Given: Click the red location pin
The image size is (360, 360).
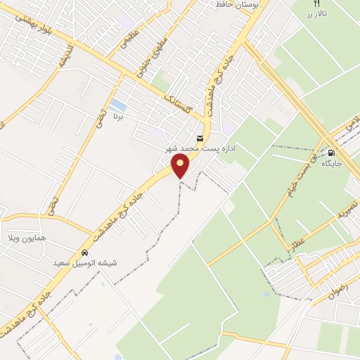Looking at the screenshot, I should point(181,166).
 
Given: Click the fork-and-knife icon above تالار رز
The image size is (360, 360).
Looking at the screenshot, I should point(317,4).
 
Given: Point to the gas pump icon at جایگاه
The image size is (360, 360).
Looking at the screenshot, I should point(330,152).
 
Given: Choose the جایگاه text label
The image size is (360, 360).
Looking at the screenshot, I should point(331,163).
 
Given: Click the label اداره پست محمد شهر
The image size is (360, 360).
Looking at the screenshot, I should point(198,150).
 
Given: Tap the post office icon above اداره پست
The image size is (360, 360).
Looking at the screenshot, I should point(200,138).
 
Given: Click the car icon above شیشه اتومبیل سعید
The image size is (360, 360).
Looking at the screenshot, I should point(84,252).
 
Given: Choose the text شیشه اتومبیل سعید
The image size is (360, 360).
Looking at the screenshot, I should point(82,263).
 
